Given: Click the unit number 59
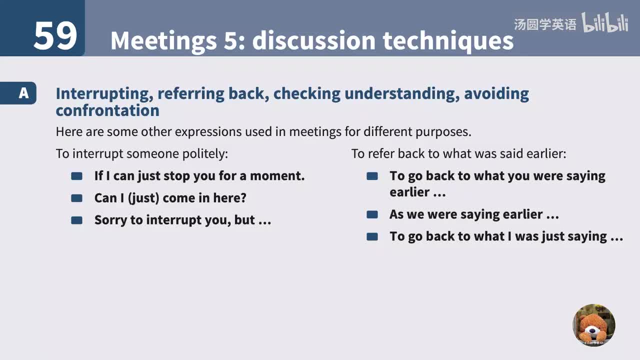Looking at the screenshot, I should [55, 36].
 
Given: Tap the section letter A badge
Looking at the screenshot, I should [23, 93].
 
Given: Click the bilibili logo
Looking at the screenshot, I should [605, 23].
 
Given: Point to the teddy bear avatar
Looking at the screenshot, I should [593, 325].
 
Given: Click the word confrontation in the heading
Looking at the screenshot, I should [107, 110].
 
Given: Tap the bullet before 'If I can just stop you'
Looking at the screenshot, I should [76, 176].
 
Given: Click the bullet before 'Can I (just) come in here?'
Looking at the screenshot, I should [76, 198].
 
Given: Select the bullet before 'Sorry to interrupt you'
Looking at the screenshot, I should [76, 220].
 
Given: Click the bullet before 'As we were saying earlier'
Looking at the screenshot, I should [372, 214].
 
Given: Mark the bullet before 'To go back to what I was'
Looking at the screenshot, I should [372, 236].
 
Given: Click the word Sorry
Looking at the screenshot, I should [110, 220].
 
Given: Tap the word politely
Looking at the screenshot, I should [204, 153].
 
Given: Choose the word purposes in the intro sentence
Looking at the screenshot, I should [442, 132].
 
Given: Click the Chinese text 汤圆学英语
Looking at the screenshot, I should [545, 24].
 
